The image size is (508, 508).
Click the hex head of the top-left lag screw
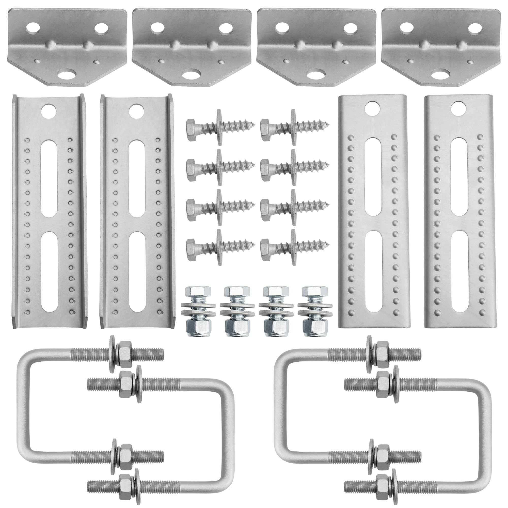pyautogui.click(x=194, y=126)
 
